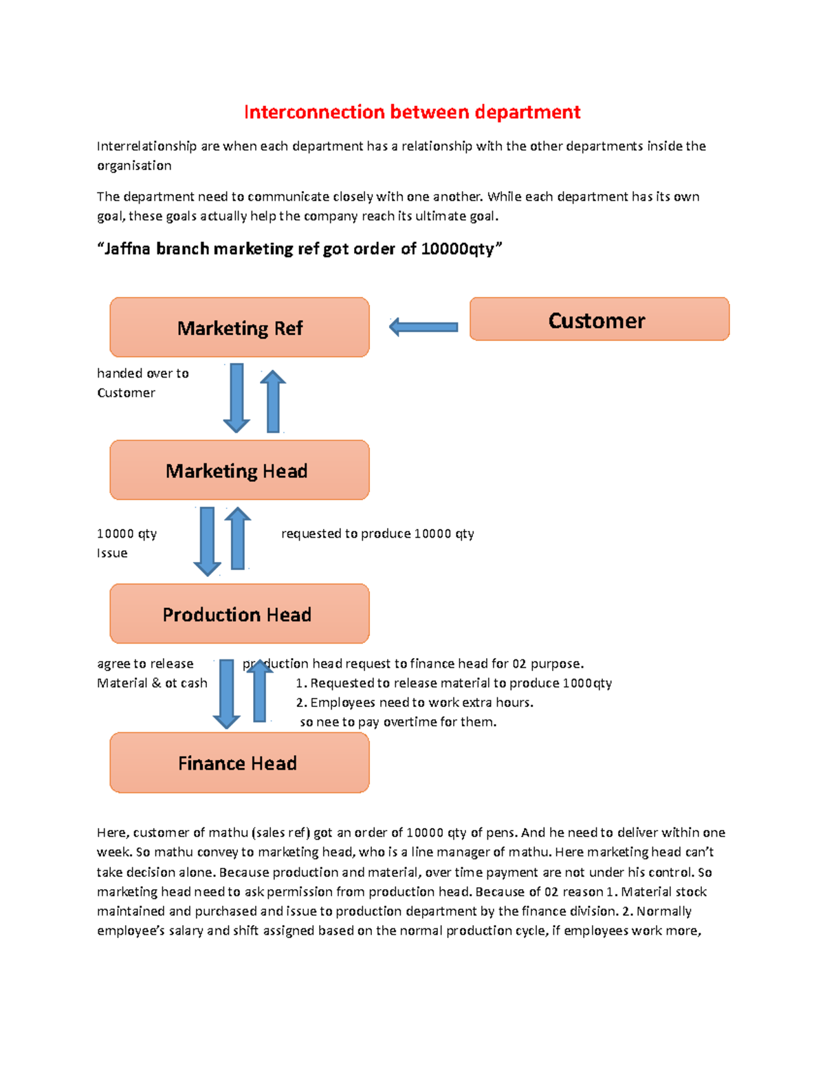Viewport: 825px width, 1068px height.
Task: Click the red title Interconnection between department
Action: click(412, 112)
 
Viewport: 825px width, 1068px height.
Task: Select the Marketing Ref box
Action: click(239, 327)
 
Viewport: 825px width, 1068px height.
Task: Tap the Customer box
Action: click(599, 320)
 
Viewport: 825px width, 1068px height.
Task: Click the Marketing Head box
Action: click(239, 470)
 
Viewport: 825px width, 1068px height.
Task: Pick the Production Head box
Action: click(239, 614)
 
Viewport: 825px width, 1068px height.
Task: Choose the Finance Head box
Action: click(239, 763)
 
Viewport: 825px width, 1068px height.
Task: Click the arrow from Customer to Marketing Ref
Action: click(423, 327)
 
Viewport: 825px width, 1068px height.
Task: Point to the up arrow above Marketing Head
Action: click(273, 402)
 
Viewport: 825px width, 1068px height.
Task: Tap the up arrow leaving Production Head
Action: click(238, 538)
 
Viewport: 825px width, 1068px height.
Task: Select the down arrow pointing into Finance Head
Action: click(226, 693)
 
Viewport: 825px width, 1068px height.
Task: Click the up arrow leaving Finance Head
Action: click(260, 691)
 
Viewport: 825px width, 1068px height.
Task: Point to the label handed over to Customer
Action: click(142, 383)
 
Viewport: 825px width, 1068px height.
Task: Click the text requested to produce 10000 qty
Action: click(377, 534)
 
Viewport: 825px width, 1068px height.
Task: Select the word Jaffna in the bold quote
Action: click(127, 249)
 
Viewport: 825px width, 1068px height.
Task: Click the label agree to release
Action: click(145, 664)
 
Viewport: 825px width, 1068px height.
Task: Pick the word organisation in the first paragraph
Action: click(134, 166)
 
